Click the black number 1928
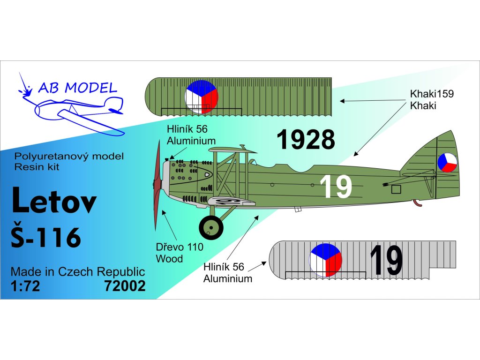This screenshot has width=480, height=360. [x=305, y=140]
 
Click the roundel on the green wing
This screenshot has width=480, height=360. [x=202, y=97]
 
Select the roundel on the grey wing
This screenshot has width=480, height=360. [x=326, y=260]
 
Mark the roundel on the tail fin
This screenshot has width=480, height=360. [x=447, y=163]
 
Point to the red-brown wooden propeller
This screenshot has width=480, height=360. [x=157, y=187]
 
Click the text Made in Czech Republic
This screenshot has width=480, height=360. [x=77, y=272]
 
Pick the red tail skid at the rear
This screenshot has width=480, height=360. [x=416, y=202]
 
